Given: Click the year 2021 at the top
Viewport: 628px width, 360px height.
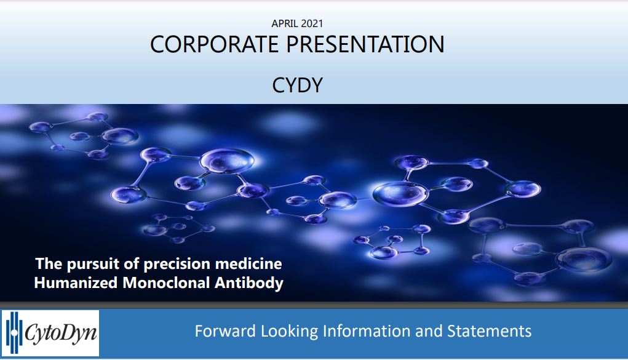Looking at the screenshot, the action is [312, 23].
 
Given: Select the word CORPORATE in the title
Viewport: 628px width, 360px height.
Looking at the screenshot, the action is [214, 44].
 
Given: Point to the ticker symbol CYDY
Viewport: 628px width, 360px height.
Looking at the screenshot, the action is [297, 85].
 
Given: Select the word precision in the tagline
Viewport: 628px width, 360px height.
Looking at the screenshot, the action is [177, 264].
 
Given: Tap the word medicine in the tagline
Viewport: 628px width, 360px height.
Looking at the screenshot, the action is [248, 264].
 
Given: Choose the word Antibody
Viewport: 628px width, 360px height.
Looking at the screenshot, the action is [249, 283].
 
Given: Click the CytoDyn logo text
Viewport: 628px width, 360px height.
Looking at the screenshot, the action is [60, 333].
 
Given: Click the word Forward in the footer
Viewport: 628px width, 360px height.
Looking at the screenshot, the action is [225, 331].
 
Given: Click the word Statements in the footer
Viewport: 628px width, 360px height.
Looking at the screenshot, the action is [489, 331].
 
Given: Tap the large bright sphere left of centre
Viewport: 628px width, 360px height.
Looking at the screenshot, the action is [227, 161].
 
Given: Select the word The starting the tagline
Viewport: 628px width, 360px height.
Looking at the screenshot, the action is [49, 264].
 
